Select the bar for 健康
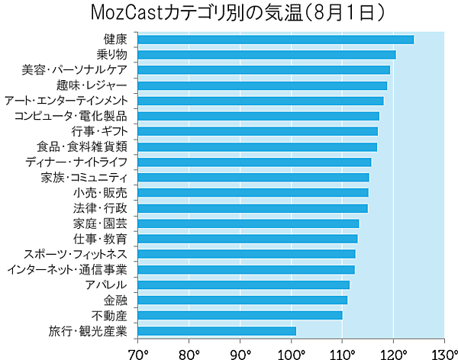click(x=276, y=39)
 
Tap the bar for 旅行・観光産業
click(x=217, y=330)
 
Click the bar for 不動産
click(x=240, y=315)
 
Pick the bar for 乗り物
click(x=266, y=54)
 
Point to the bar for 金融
click(x=242, y=300)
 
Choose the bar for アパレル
click(x=244, y=284)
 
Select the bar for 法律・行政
click(x=253, y=207)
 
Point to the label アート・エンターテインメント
click(x=66, y=101)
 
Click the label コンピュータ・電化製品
click(x=71, y=116)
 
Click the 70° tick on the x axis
click(x=138, y=352)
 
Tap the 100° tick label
click(x=292, y=352)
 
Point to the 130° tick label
click(x=443, y=352)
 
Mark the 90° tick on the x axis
click(x=240, y=352)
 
